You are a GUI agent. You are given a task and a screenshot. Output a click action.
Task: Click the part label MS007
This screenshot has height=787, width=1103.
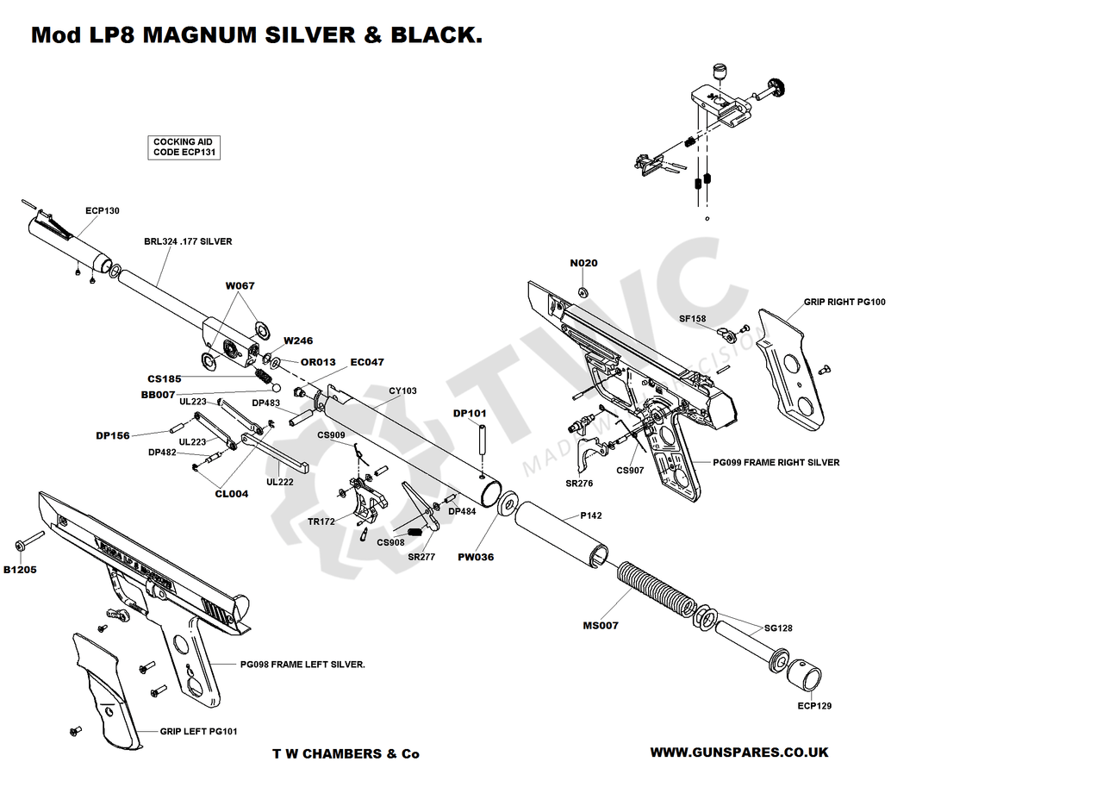point(601,625)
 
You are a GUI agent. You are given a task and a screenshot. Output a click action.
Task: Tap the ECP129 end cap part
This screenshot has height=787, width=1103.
point(807,673)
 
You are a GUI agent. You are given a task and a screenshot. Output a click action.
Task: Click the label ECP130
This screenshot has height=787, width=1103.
point(103,210)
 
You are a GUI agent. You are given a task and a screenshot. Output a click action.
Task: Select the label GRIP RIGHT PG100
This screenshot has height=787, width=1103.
point(844,302)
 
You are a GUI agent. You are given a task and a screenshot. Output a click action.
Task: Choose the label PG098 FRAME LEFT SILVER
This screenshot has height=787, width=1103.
point(302,665)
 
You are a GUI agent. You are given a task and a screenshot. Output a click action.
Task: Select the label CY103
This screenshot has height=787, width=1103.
point(402,390)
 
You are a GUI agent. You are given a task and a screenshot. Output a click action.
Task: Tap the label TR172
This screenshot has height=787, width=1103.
point(321,522)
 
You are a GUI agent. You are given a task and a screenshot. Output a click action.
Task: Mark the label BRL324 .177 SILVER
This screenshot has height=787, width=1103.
point(188,242)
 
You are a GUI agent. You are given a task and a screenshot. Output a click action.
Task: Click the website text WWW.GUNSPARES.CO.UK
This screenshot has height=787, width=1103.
point(738,752)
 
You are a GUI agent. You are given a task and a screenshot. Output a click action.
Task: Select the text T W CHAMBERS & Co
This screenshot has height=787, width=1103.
point(346,753)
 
